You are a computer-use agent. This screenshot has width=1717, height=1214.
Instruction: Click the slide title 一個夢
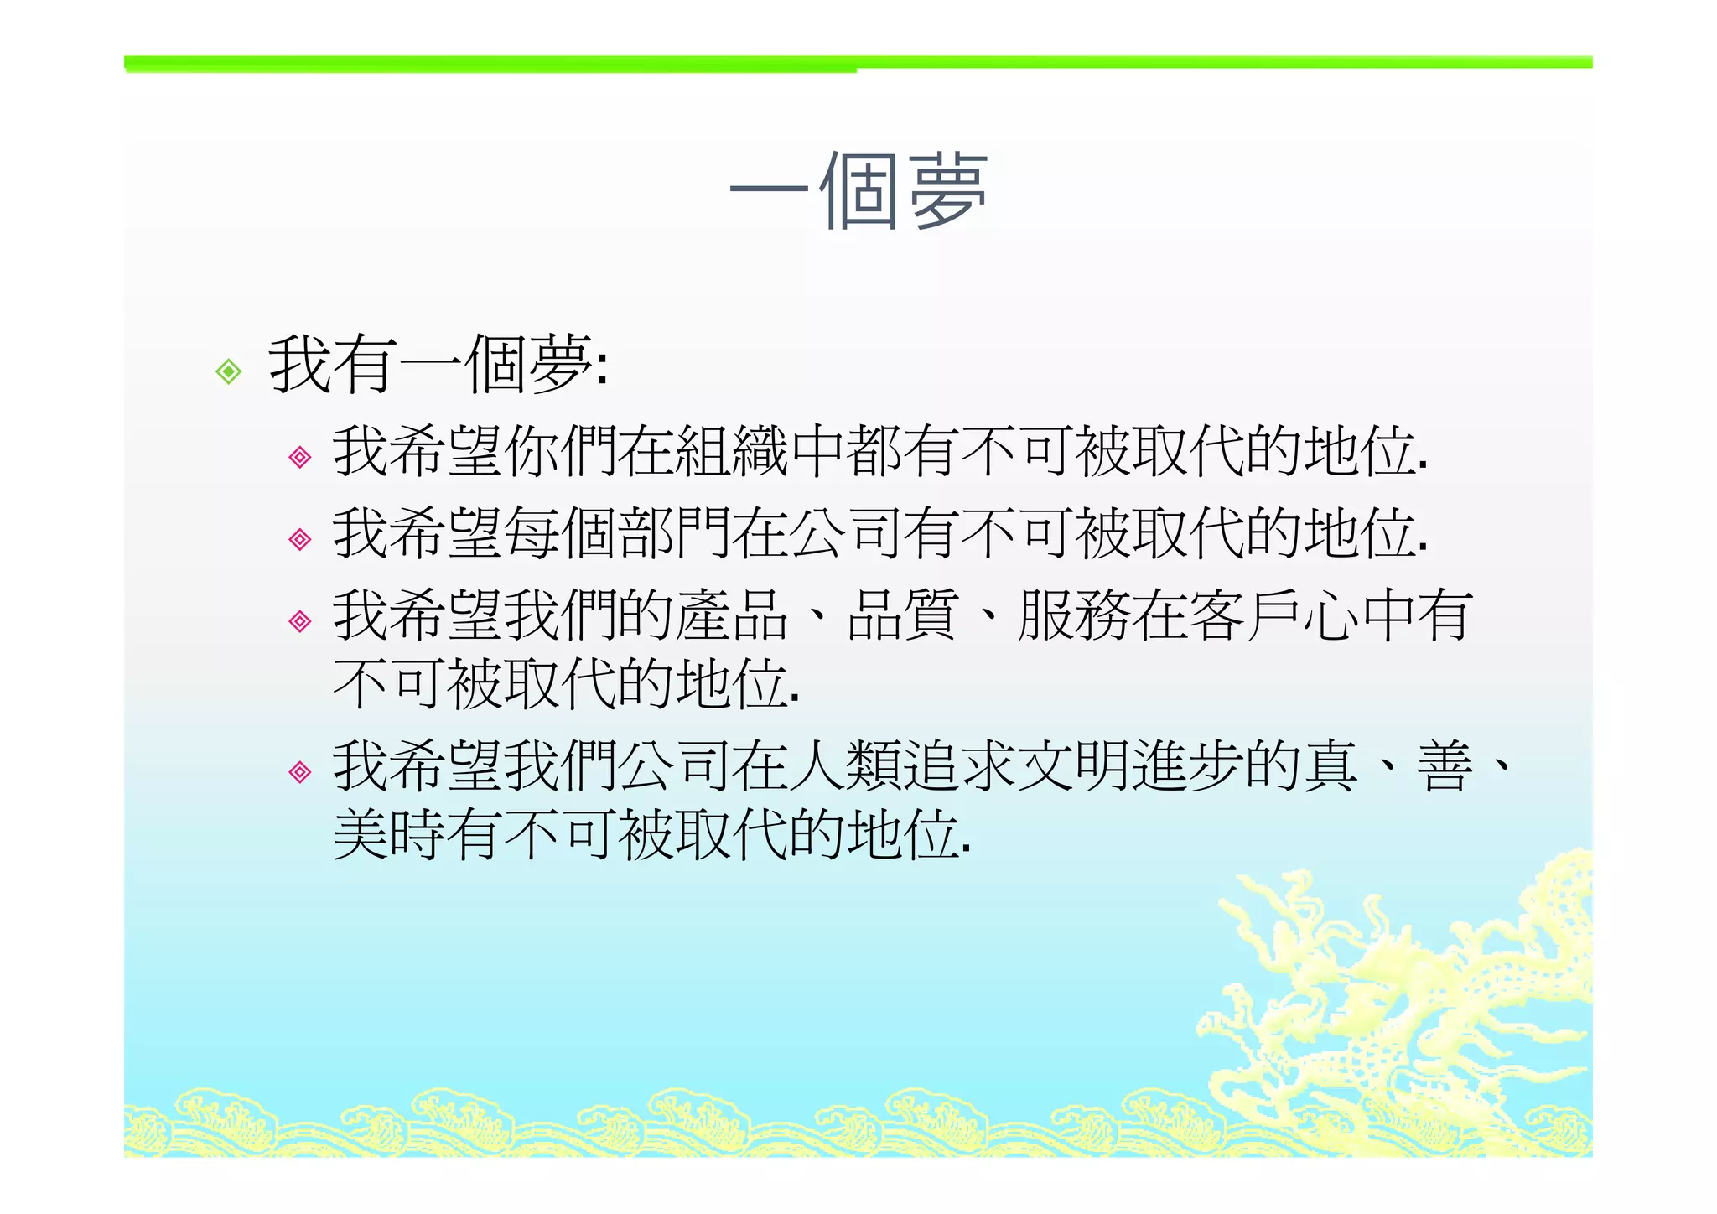pyautogui.click(x=858, y=192)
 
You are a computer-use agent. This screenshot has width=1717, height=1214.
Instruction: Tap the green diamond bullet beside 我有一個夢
pyautogui.click(x=228, y=371)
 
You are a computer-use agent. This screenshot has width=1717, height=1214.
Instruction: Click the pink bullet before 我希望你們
pyautogui.click(x=299, y=457)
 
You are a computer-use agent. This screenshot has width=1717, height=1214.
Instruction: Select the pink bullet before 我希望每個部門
pyautogui.click(x=299, y=538)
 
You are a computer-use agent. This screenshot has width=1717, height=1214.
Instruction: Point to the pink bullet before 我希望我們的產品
pyautogui.click(x=299, y=620)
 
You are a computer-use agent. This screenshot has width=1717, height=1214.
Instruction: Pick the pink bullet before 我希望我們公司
pyautogui.click(x=299, y=771)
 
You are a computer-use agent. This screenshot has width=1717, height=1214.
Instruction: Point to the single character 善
pyautogui.click(x=1444, y=766)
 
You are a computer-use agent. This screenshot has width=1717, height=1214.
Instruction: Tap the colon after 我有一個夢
pyautogui.click(x=601, y=369)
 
